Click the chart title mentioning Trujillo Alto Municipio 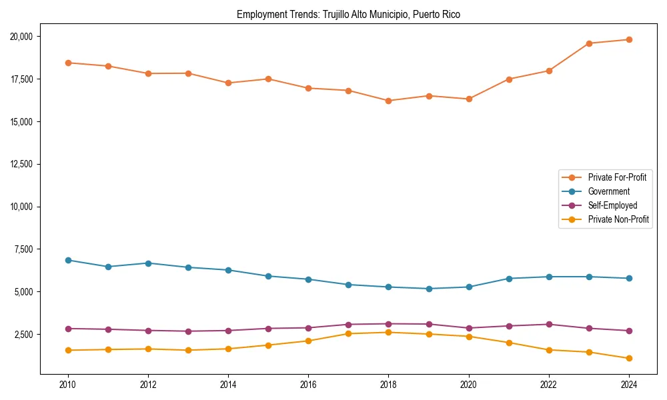tap(348, 14)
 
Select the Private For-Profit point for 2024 tap(629, 39)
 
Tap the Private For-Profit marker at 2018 tap(388, 101)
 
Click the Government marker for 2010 tap(68, 260)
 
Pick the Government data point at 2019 tap(429, 289)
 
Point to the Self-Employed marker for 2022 tap(549, 324)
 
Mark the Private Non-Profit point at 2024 tap(629, 359)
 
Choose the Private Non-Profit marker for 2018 tap(388, 332)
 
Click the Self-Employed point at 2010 tap(68, 329)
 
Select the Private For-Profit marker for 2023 tap(589, 43)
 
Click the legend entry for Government tap(608, 191)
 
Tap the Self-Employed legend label tap(612, 205)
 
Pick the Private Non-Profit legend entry tap(618, 219)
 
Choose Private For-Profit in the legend tap(617, 177)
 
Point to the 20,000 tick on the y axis tap(23, 36)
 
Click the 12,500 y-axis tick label tap(23, 164)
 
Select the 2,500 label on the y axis tap(25, 335)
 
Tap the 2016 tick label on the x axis tap(308, 385)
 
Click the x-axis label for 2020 tap(469, 385)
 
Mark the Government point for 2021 tap(509, 279)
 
